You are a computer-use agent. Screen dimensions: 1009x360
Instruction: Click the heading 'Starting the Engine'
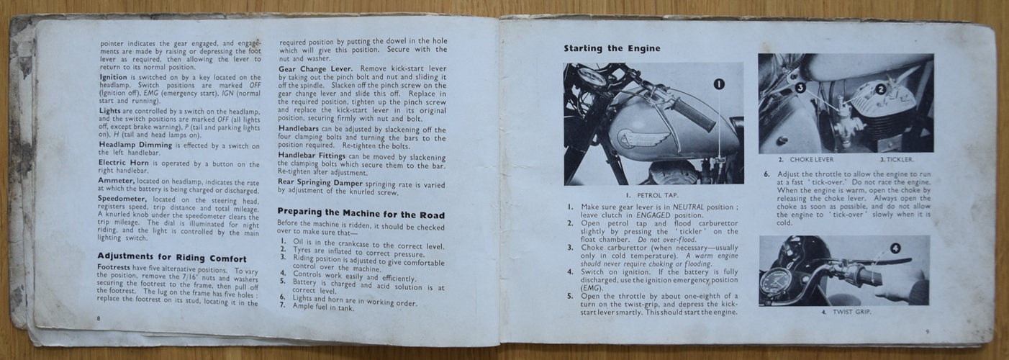tap(612, 48)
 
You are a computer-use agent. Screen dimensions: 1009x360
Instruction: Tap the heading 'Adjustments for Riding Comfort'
tap(172, 258)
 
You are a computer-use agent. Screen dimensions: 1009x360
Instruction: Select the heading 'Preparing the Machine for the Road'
tap(361, 213)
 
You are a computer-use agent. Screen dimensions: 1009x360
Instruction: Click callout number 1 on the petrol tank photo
tap(720, 84)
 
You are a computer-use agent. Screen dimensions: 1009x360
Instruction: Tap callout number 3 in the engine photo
tap(800, 87)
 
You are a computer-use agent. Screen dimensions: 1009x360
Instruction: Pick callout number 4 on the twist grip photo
tap(895, 248)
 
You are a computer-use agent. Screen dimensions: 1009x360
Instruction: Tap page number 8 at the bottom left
tap(99, 318)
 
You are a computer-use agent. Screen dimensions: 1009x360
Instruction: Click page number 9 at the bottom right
tap(927, 332)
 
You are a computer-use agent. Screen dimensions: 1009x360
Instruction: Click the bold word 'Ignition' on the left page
tap(112, 77)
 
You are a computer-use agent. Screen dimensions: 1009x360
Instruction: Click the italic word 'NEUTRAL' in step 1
tap(688, 207)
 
